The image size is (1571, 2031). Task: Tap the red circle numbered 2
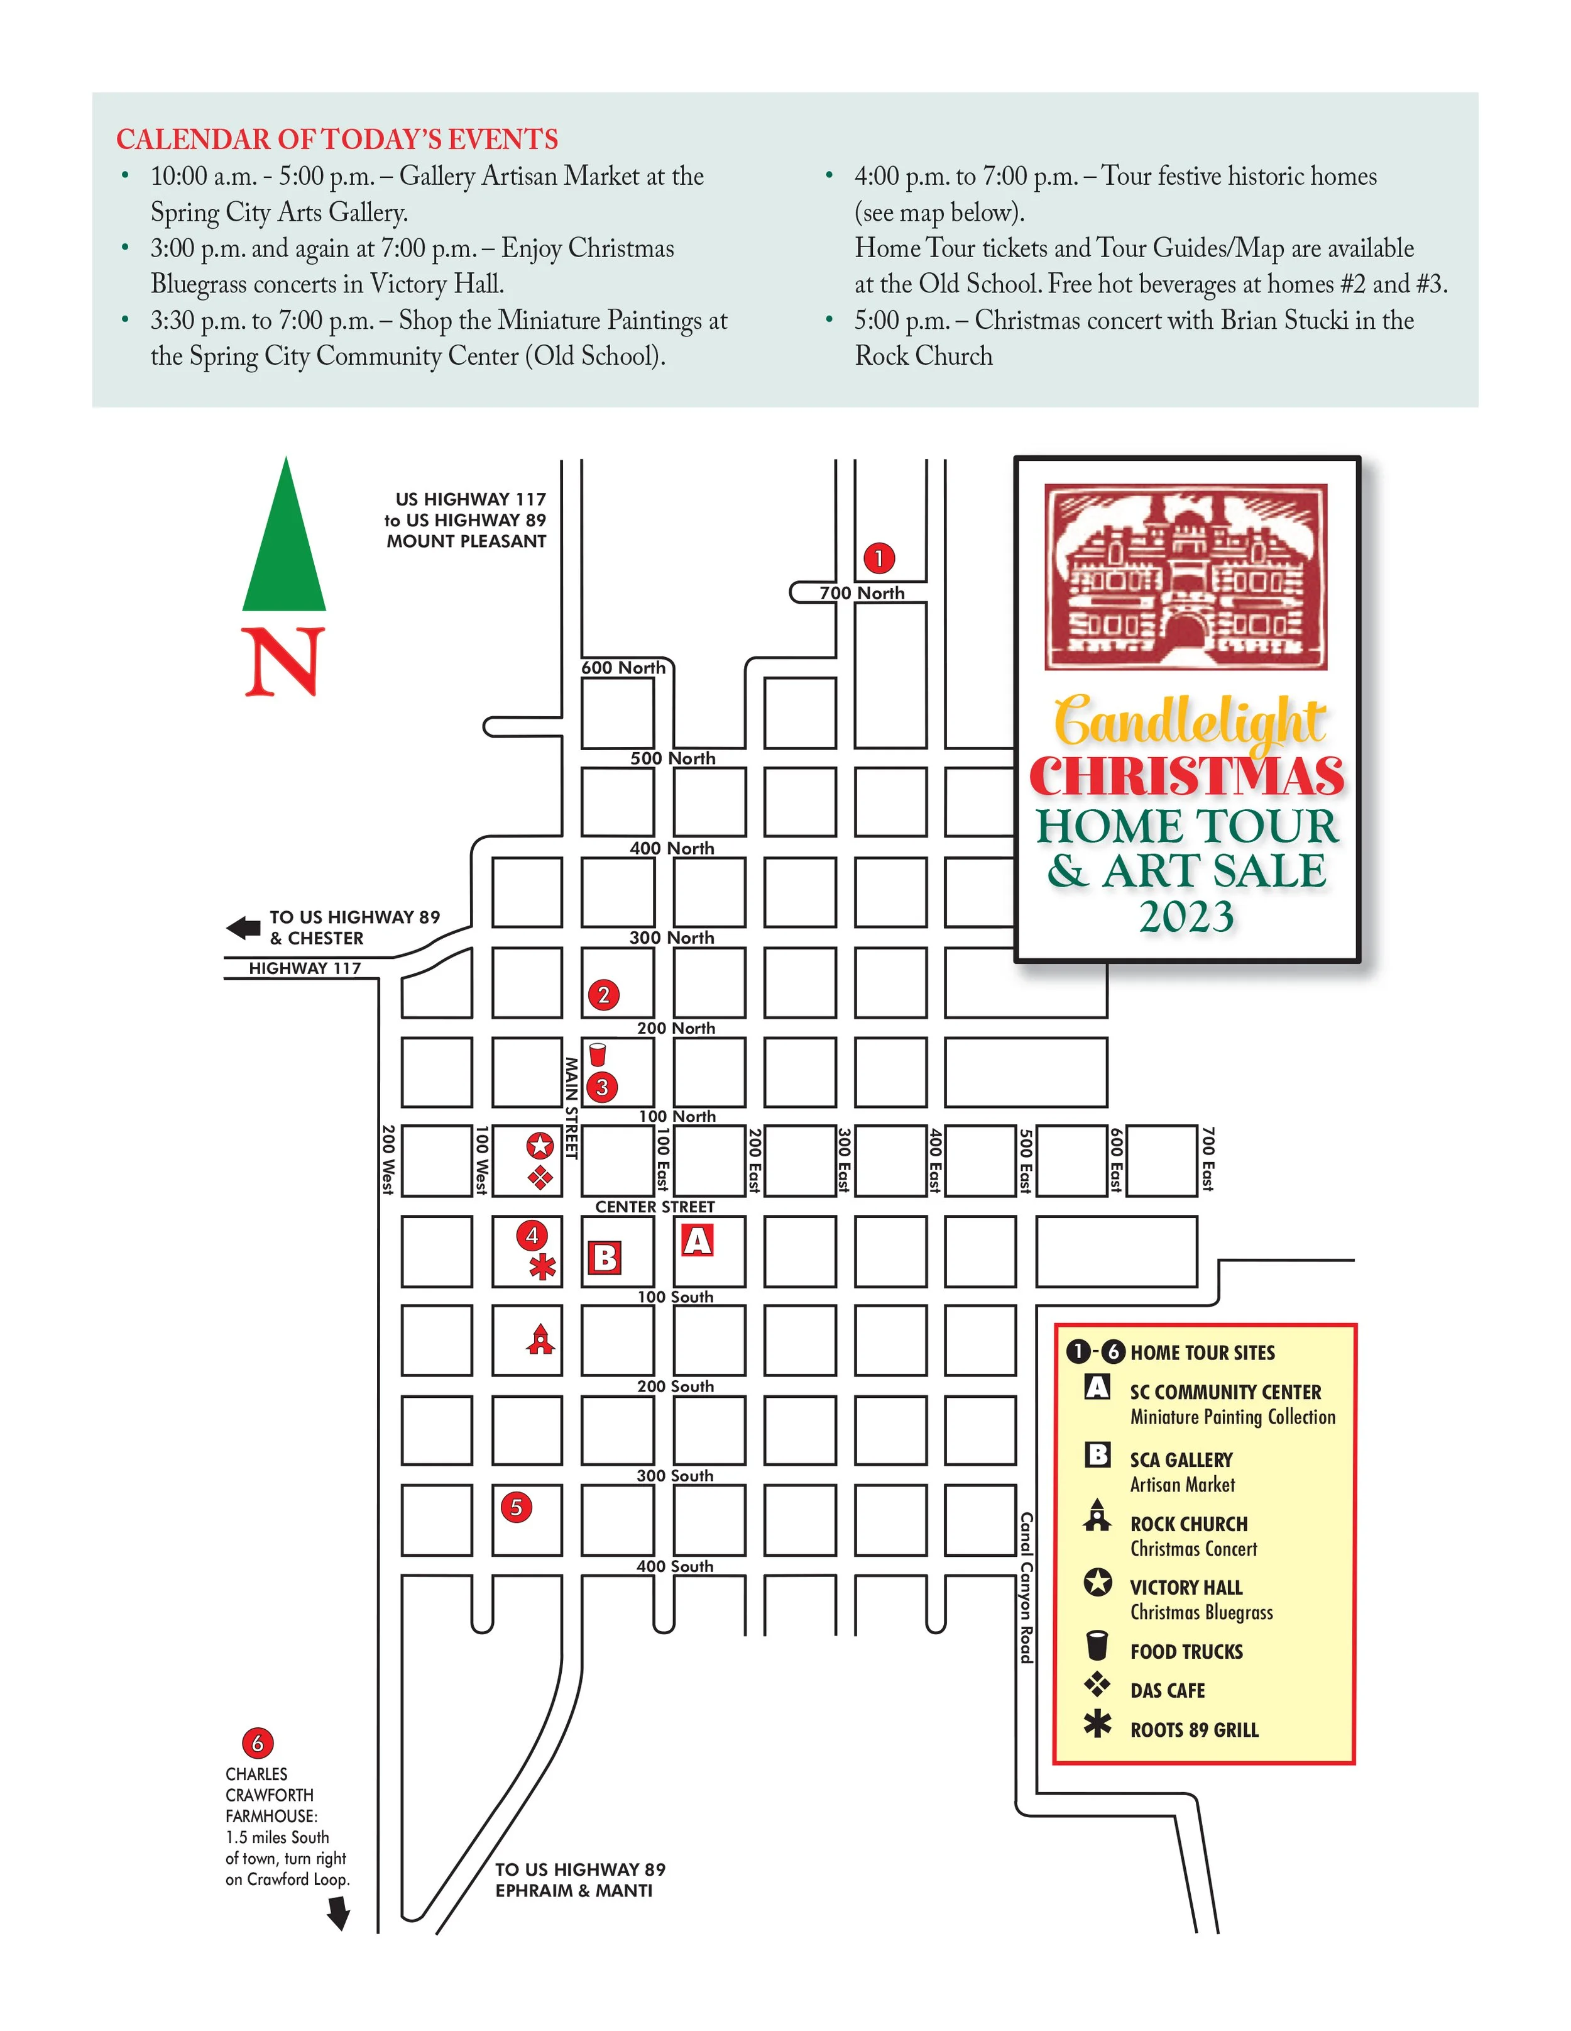click(603, 995)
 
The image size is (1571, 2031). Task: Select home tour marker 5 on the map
click(516, 1507)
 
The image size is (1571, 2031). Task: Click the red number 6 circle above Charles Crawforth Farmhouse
click(258, 1743)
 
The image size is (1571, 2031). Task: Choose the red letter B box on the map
click(605, 1258)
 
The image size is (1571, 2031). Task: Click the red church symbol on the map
click(541, 1340)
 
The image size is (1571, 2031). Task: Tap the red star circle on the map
click(540, 1146)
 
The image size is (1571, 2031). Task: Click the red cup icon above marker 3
click(598, 1054)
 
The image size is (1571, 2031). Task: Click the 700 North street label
click(862, 594)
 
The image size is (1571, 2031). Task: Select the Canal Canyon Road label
click(1026, 1588)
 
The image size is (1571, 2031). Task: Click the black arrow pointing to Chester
click(244, 927)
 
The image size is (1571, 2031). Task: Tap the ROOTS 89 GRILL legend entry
click(1193, 1730)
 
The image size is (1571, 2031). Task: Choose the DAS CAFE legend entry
click(1167, 1691)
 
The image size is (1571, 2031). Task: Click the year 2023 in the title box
click(1186, 917)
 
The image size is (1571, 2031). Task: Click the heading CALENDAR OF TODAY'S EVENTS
click(337, 140)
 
